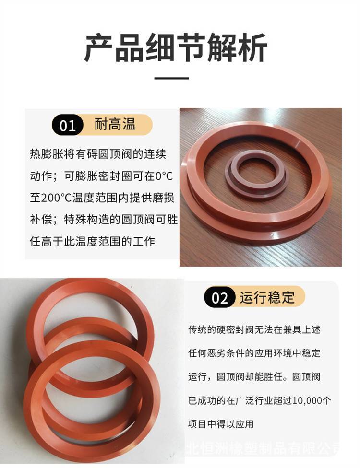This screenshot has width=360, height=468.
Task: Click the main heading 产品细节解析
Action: (x=176, y=48)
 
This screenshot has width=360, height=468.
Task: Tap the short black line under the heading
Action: (x=171, y=78)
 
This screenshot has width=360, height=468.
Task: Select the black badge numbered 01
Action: (x=68, y=125)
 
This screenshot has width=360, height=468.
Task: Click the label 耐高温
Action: (x=115, y=124)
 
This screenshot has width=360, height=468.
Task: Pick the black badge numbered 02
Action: (x=219, y=297)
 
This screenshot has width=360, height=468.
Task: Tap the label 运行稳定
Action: (x=267, y=297)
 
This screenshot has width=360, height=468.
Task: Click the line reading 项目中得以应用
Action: (x=221, y=423)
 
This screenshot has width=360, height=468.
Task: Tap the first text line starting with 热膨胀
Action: (x=98, y=154)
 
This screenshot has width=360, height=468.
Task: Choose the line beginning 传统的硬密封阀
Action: (x=254, y=329)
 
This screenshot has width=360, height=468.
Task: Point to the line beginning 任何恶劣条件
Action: (x=254, y=353)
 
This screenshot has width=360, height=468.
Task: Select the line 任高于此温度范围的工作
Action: (x=93, y=241)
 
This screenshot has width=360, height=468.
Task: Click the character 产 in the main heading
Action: (x=99, y=48)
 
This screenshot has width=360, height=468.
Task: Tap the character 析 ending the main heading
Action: (x=252, y=48)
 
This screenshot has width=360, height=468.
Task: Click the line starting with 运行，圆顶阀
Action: (x=254, y=377)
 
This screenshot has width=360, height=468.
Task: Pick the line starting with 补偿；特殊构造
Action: (x=104, y=220)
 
